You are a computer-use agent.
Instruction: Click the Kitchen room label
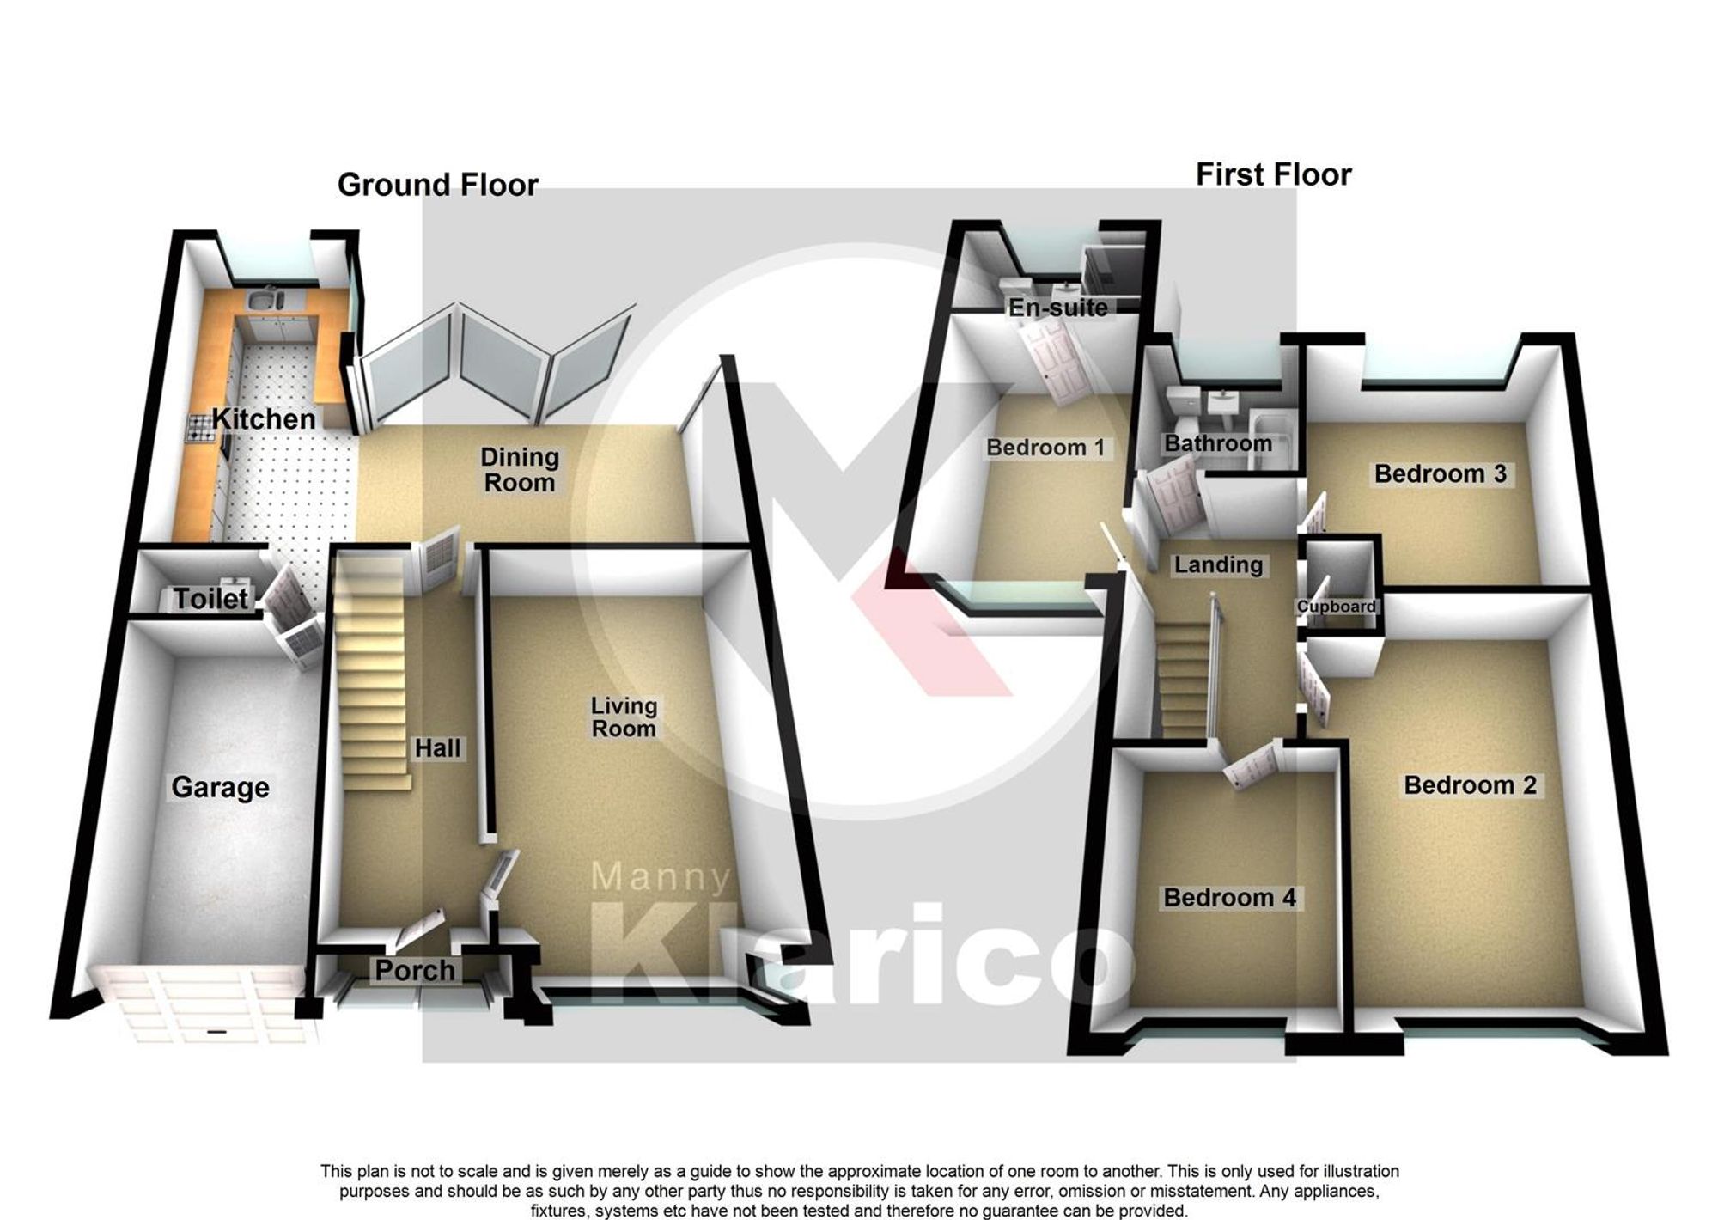coord(264,419)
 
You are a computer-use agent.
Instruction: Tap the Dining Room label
coord(520,470)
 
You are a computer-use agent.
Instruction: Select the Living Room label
coord(624,717)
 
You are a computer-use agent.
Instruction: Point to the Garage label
coord(220,787)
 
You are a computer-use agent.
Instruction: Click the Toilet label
coord(210,598)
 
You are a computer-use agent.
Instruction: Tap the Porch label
coord(415,971)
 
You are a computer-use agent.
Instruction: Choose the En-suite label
coord(1057,308)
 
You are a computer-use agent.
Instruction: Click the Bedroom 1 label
coord(1045,448)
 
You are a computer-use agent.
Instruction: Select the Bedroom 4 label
coord(1229,898)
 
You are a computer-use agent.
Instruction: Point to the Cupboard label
coord(1336,607)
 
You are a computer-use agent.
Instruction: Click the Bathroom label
coord(1218,444)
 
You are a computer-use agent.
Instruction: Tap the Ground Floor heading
coord(437,185)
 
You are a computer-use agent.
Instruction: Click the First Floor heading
coord(1273,175)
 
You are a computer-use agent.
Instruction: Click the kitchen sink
coord(267,301)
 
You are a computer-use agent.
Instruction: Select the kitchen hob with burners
coord(200,428)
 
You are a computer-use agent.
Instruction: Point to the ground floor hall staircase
coord(371,670)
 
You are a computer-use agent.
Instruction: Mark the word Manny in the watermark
coord(661,877)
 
